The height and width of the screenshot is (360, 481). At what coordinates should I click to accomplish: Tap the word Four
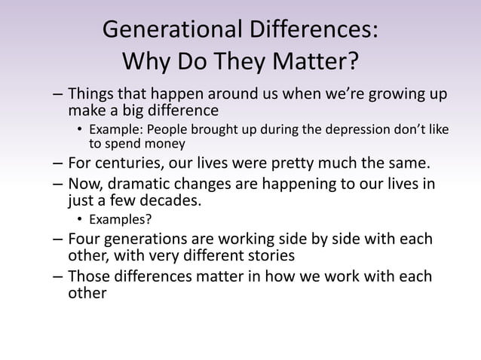(84, 239)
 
